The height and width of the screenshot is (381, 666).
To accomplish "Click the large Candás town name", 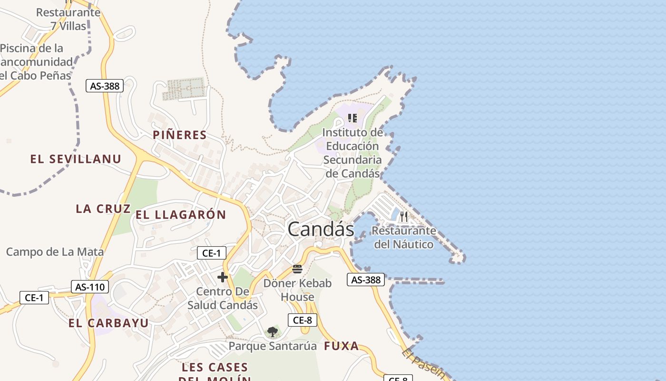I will point(321,230).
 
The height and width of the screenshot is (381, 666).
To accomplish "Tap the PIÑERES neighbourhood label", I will point(180,135).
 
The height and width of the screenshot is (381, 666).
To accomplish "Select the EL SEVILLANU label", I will point(76,159).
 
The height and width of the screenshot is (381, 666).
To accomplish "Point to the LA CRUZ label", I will point(103,209).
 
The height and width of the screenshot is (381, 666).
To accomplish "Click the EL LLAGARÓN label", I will point(181,215).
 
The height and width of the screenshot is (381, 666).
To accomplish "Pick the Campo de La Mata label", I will point(55,252).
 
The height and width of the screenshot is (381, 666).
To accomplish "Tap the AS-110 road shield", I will point(90,287).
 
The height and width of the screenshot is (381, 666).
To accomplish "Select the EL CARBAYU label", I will point(108,323).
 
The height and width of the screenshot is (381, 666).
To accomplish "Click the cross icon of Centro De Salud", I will point(222,277).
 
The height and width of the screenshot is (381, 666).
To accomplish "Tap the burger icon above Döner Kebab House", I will point(297,269).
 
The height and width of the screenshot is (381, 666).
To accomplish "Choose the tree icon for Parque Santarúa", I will point(273,332).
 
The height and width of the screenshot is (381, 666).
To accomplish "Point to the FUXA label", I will point(342,346).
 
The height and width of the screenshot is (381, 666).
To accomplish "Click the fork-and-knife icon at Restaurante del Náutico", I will point(404,217).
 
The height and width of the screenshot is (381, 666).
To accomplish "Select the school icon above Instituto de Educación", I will point(353,118).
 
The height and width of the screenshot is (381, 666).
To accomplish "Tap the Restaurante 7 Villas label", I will point(69,19).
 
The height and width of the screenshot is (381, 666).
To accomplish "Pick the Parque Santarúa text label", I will point(273,346).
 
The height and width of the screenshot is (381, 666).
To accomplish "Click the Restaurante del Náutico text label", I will point(404,237).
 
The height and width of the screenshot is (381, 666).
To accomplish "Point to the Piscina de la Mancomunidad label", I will point(36,62).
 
